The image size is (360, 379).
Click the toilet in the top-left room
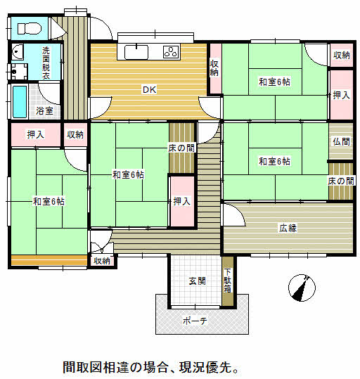point(29,28)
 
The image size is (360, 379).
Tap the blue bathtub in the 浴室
point(20,102)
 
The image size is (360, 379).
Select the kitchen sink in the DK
point(136,52)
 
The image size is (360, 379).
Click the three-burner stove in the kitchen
point(171,52)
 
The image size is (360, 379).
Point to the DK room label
point(150,90)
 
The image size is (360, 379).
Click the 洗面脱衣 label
point(46,63)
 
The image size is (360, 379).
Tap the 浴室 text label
point(45,110)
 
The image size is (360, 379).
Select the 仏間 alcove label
point(341,141)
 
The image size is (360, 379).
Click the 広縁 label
point(288,228)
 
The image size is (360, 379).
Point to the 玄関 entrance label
point(198,281)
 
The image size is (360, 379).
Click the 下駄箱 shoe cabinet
point(228,281)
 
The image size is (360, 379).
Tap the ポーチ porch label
point(195,321)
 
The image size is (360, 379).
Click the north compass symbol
point(302,288)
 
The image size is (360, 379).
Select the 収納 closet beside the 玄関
point(102,261)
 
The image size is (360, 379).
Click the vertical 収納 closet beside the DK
point(214,68)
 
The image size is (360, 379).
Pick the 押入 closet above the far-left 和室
point(36,134)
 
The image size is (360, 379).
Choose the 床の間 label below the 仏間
point(341,181)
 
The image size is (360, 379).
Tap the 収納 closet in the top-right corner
point(342,56)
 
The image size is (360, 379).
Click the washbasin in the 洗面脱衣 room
point(18,52)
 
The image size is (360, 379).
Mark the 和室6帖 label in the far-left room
point(49,201)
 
